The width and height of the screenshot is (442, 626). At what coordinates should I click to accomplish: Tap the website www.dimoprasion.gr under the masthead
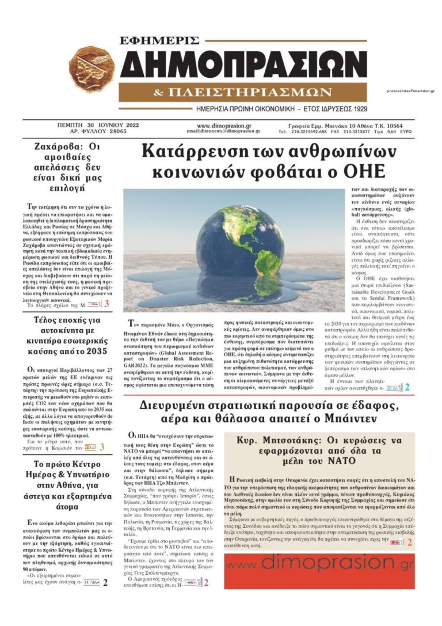[x=223, y=125]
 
